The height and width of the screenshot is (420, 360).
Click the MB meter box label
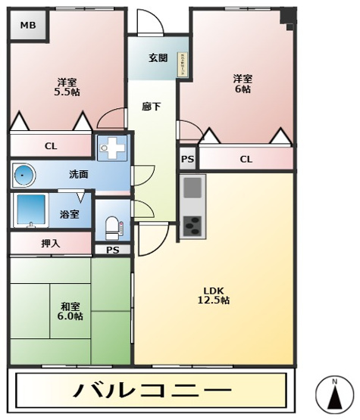tap(27, 26)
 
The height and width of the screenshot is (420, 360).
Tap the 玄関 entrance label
tap(158, 58)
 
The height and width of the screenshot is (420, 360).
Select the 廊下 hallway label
tap(151, 107)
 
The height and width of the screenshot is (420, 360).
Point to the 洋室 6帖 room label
tap(242, 83)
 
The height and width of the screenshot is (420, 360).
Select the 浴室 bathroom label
tap(69, 214)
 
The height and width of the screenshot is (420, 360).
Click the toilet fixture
tap(112, 226)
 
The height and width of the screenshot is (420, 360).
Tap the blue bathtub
tap(32, 210)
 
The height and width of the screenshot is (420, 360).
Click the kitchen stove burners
tap(193, 226)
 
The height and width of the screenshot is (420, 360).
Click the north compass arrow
tap(333, 394)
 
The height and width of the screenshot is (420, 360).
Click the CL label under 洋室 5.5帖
tap(50, 146)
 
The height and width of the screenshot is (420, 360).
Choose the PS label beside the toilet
tap(112, 250)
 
